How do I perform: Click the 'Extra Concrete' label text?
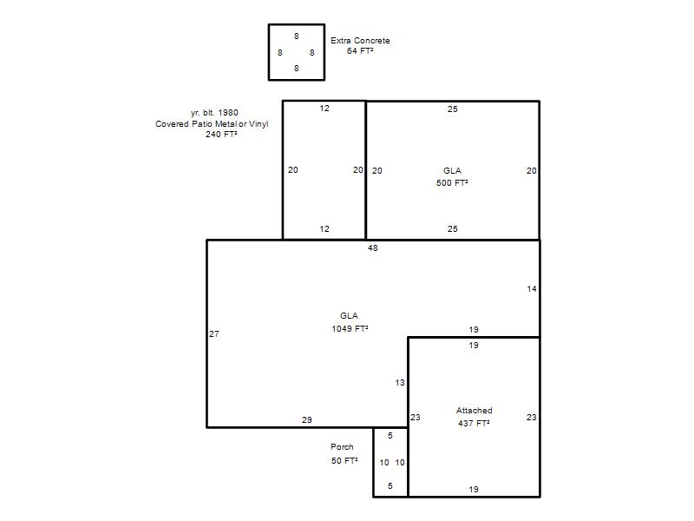click(360, 40)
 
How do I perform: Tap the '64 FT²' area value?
click(360, 51)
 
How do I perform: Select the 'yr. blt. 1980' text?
click(214, 113)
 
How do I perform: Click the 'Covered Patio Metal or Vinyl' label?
click(212, 124)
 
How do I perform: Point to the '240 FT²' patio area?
click(221, 135)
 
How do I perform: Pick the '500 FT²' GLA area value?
click(452, 183)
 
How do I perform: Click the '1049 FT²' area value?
click(350, 329)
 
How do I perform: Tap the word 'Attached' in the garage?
click(474, 411)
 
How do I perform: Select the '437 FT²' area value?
click(474, 424)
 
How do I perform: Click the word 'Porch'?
click(342, 447)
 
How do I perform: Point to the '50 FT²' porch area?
click(344, 461)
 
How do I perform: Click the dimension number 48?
click(373, 248)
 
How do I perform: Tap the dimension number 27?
click(214, 334)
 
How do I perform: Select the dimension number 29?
click(307, 419)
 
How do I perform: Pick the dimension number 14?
click(532, 289)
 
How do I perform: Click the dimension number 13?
click(400, 382)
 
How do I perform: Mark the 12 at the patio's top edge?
click(324, 108)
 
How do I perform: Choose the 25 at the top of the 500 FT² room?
click(452, 109)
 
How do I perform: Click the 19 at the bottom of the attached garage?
click(474, 490)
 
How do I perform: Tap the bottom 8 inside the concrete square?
click(297, 69)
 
